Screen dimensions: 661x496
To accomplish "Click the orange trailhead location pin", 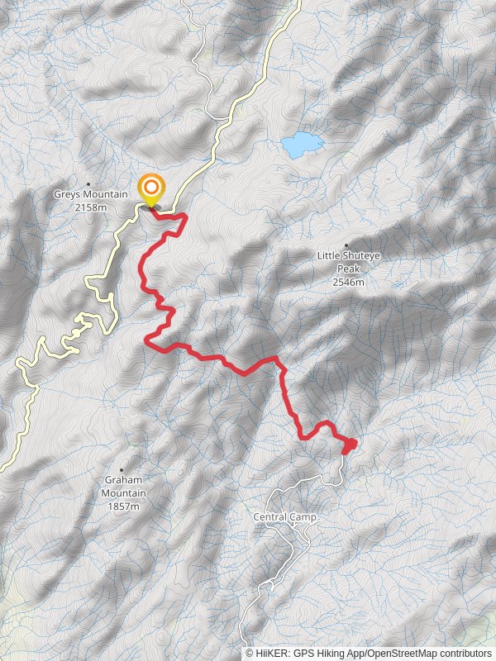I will (151, 191).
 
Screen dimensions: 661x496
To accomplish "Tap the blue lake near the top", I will (301, 145).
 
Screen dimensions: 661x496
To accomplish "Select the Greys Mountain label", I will (91, 195).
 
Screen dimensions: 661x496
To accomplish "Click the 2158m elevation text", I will (91, 207).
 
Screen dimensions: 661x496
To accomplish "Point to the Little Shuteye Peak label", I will (346, 262).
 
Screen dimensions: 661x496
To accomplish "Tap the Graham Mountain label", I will (124, 487).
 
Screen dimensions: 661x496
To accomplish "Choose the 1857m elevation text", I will (124, 506).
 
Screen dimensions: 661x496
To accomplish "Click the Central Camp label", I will (285, 517).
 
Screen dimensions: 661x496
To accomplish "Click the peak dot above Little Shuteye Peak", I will (346, 245).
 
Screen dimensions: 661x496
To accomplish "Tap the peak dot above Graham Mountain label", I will (123, 470).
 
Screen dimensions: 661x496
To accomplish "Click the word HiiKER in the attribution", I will (271, 653).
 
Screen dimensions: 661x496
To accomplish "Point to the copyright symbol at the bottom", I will (250, 653).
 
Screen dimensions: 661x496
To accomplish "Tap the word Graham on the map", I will (124, 480).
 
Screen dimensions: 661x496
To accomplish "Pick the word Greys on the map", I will (67, 195).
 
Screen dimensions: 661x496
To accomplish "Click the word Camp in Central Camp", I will (303, 517).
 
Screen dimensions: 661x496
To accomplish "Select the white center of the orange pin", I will (151, 187).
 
